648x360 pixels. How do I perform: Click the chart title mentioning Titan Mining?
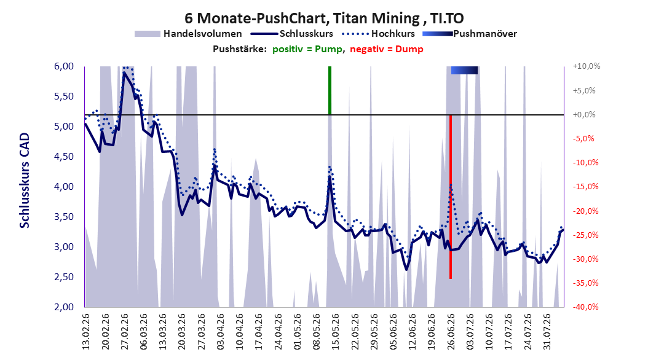pyautogui.click(x=324, y=18)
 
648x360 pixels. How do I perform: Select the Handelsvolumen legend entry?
pyautogui.click(x=188, y=34)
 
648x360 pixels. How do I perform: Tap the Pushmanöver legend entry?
pyautogui.click(x=470, y=34)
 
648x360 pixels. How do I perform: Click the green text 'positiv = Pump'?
pyautogui.click(x=307, y=49)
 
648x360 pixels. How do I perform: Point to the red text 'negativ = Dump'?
pyautogui.click(x=387, y=49)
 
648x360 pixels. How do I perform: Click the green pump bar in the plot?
pyautogui.click(x=330, y=90)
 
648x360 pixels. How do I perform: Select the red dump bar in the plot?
pyautogui.click(x=451, y=197)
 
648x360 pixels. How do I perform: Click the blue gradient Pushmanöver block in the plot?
pyautogui.click(x=465, y=70)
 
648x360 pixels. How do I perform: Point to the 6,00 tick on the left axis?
pyautogui.click(x=64, y=66)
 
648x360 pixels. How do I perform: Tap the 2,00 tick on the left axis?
pyautogui.click(x=64, y=307)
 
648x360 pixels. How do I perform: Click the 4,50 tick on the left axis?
pyautogui.click(x=64, y=157)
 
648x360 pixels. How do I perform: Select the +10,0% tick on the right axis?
pyautogui.click(x=587, y=66)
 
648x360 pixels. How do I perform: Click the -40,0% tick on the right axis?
pyautogui.click(x=585, y=307)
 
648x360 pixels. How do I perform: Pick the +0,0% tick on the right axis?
pyautogui.click(x=584, y=114)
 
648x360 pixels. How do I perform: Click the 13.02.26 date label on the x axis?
pyautogui.click(x=86, y=332)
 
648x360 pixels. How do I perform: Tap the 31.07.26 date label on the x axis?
pyautogui.click(x=547, y=332)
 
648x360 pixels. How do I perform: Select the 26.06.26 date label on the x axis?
pyautogui.click(x=451, y=332)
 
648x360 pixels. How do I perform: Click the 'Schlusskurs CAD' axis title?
pyautogui.click(x=25, y=181)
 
